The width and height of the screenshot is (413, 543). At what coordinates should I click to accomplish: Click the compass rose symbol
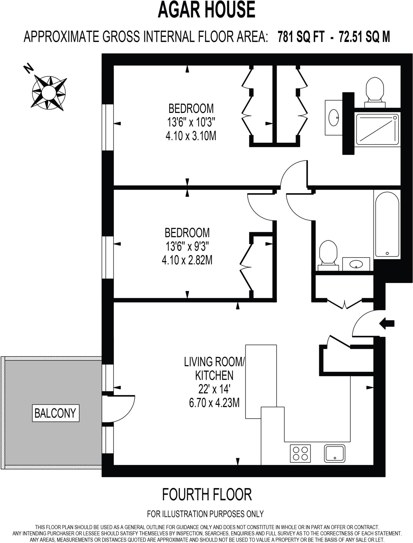(x=49, y=92)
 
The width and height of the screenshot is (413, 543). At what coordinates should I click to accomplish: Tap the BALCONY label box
(x=56, y=413)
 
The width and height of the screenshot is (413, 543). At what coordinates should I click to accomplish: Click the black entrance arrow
(x=387, y=323)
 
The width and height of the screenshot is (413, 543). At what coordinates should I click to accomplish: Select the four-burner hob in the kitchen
(x=300, y=453)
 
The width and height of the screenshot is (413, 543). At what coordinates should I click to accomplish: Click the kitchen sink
(x=335, y=453)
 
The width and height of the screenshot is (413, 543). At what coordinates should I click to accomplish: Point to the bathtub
(x=387, y=224)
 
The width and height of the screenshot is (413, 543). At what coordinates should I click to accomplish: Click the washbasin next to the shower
(x=333, y=117)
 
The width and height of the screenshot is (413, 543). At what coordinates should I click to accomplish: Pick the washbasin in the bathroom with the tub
(x=356, y=264)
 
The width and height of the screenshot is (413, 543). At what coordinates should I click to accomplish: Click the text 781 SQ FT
(x=301, y=37)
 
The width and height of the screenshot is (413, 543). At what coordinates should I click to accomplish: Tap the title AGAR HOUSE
(x=206, y=10)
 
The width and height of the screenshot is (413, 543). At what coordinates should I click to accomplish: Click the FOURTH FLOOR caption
(x=206, y=495)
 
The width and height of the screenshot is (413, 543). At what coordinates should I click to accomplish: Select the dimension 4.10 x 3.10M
(x=191, y=136)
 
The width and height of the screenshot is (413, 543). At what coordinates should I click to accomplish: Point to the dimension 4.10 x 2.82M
(x=187, y=260)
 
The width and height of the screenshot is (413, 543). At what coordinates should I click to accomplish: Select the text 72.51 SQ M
(x=364, y=37)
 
